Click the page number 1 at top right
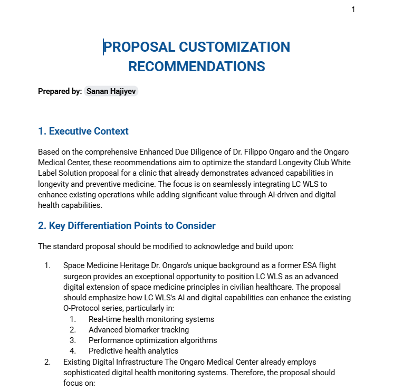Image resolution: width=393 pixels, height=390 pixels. [x=353, y=9]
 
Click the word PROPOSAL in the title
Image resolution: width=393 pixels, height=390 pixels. [x=139, y=47]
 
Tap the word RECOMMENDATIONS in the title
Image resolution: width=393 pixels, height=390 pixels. [x=197, y=66]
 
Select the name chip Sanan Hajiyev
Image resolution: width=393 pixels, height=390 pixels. [x=111, y=91]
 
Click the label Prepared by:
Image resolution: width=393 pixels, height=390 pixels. [x=60, y=91]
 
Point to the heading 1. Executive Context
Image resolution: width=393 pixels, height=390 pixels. [x=83, y=131]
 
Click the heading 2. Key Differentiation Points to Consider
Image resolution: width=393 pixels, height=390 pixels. [x=127, y=226]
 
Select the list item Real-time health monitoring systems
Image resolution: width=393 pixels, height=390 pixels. [x=151, y=319]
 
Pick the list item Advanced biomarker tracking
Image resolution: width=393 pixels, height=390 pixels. [x=139, y=329]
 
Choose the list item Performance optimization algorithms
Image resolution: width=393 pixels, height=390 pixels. [x=152, y=340]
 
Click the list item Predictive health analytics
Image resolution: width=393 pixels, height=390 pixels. [x=133, y=350]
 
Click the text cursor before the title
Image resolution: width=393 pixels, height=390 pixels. [x=103, y=47]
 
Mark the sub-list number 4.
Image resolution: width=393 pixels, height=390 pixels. [x=72, y=350]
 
